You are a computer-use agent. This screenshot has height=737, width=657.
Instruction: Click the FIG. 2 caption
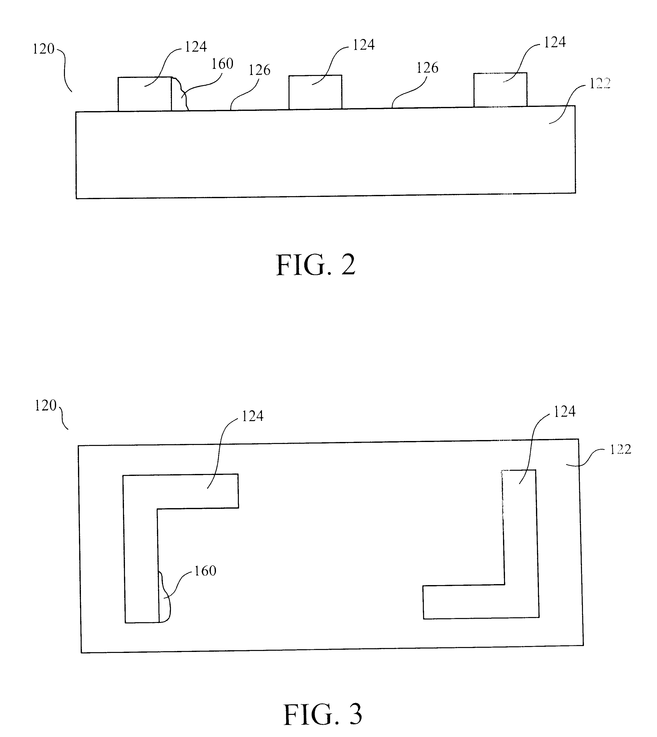click(316, 265)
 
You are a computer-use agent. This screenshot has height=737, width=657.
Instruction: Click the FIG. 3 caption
click(323, 715)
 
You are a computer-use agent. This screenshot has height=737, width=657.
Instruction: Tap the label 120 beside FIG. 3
click(46, 406)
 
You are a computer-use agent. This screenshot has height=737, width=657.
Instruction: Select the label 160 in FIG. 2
click(222, 64)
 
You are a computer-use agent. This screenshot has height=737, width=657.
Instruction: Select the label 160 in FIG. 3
click(205, 571)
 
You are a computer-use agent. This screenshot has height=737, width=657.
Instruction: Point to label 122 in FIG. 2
click(600, 84)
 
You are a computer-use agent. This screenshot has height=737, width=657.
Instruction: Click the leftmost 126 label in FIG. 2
click(259, 70)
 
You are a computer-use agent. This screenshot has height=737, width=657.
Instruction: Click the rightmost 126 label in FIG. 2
click(428, 68)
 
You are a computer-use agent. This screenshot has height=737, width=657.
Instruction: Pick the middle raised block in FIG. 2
click(315, 92)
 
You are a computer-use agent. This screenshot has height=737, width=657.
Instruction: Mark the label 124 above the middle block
click(364, 45)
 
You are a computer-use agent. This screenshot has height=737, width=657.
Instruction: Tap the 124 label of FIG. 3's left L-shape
click(252, 416)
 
